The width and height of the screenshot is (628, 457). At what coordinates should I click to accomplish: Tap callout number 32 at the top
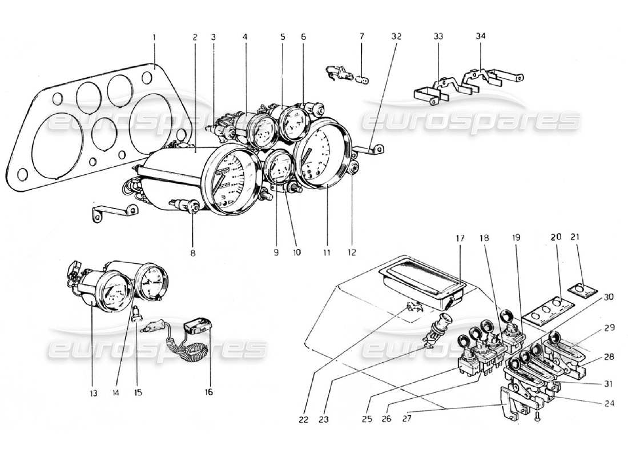pos(396,37)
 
